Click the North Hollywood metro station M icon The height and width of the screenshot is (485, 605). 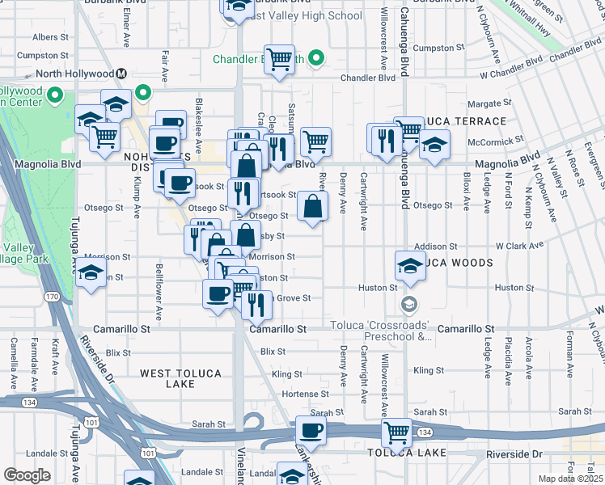(x=121, y=74)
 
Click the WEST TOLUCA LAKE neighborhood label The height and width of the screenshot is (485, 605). (x=179, y=378)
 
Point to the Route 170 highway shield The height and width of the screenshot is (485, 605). (x=53, y=297)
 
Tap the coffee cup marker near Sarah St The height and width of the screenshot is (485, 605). (x=310, y=431)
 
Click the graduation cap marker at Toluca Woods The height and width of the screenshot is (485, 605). (x=411, y=265)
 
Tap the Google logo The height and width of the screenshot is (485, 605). (x=27, y=474)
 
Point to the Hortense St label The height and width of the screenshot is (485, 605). (x=306, y=394)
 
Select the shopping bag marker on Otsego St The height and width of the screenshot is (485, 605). (x=312, y=207)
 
